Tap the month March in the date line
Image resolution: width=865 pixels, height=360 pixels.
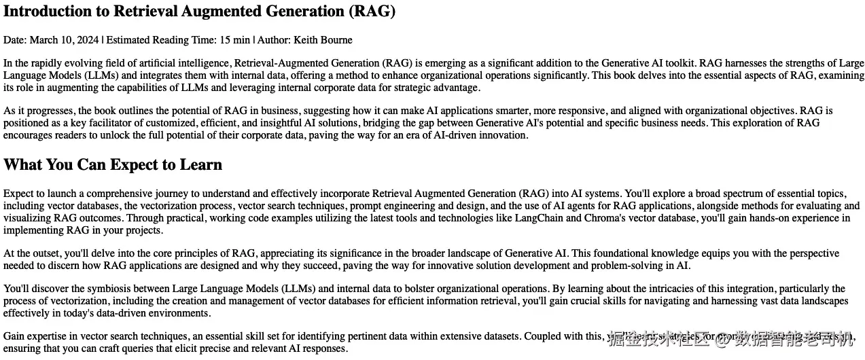pos(43,40)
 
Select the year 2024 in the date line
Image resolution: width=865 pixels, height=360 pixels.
pos(88,40)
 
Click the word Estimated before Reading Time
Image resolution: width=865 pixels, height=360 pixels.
pos(131,40)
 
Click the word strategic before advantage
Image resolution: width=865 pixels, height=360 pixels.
pos(408,88)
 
